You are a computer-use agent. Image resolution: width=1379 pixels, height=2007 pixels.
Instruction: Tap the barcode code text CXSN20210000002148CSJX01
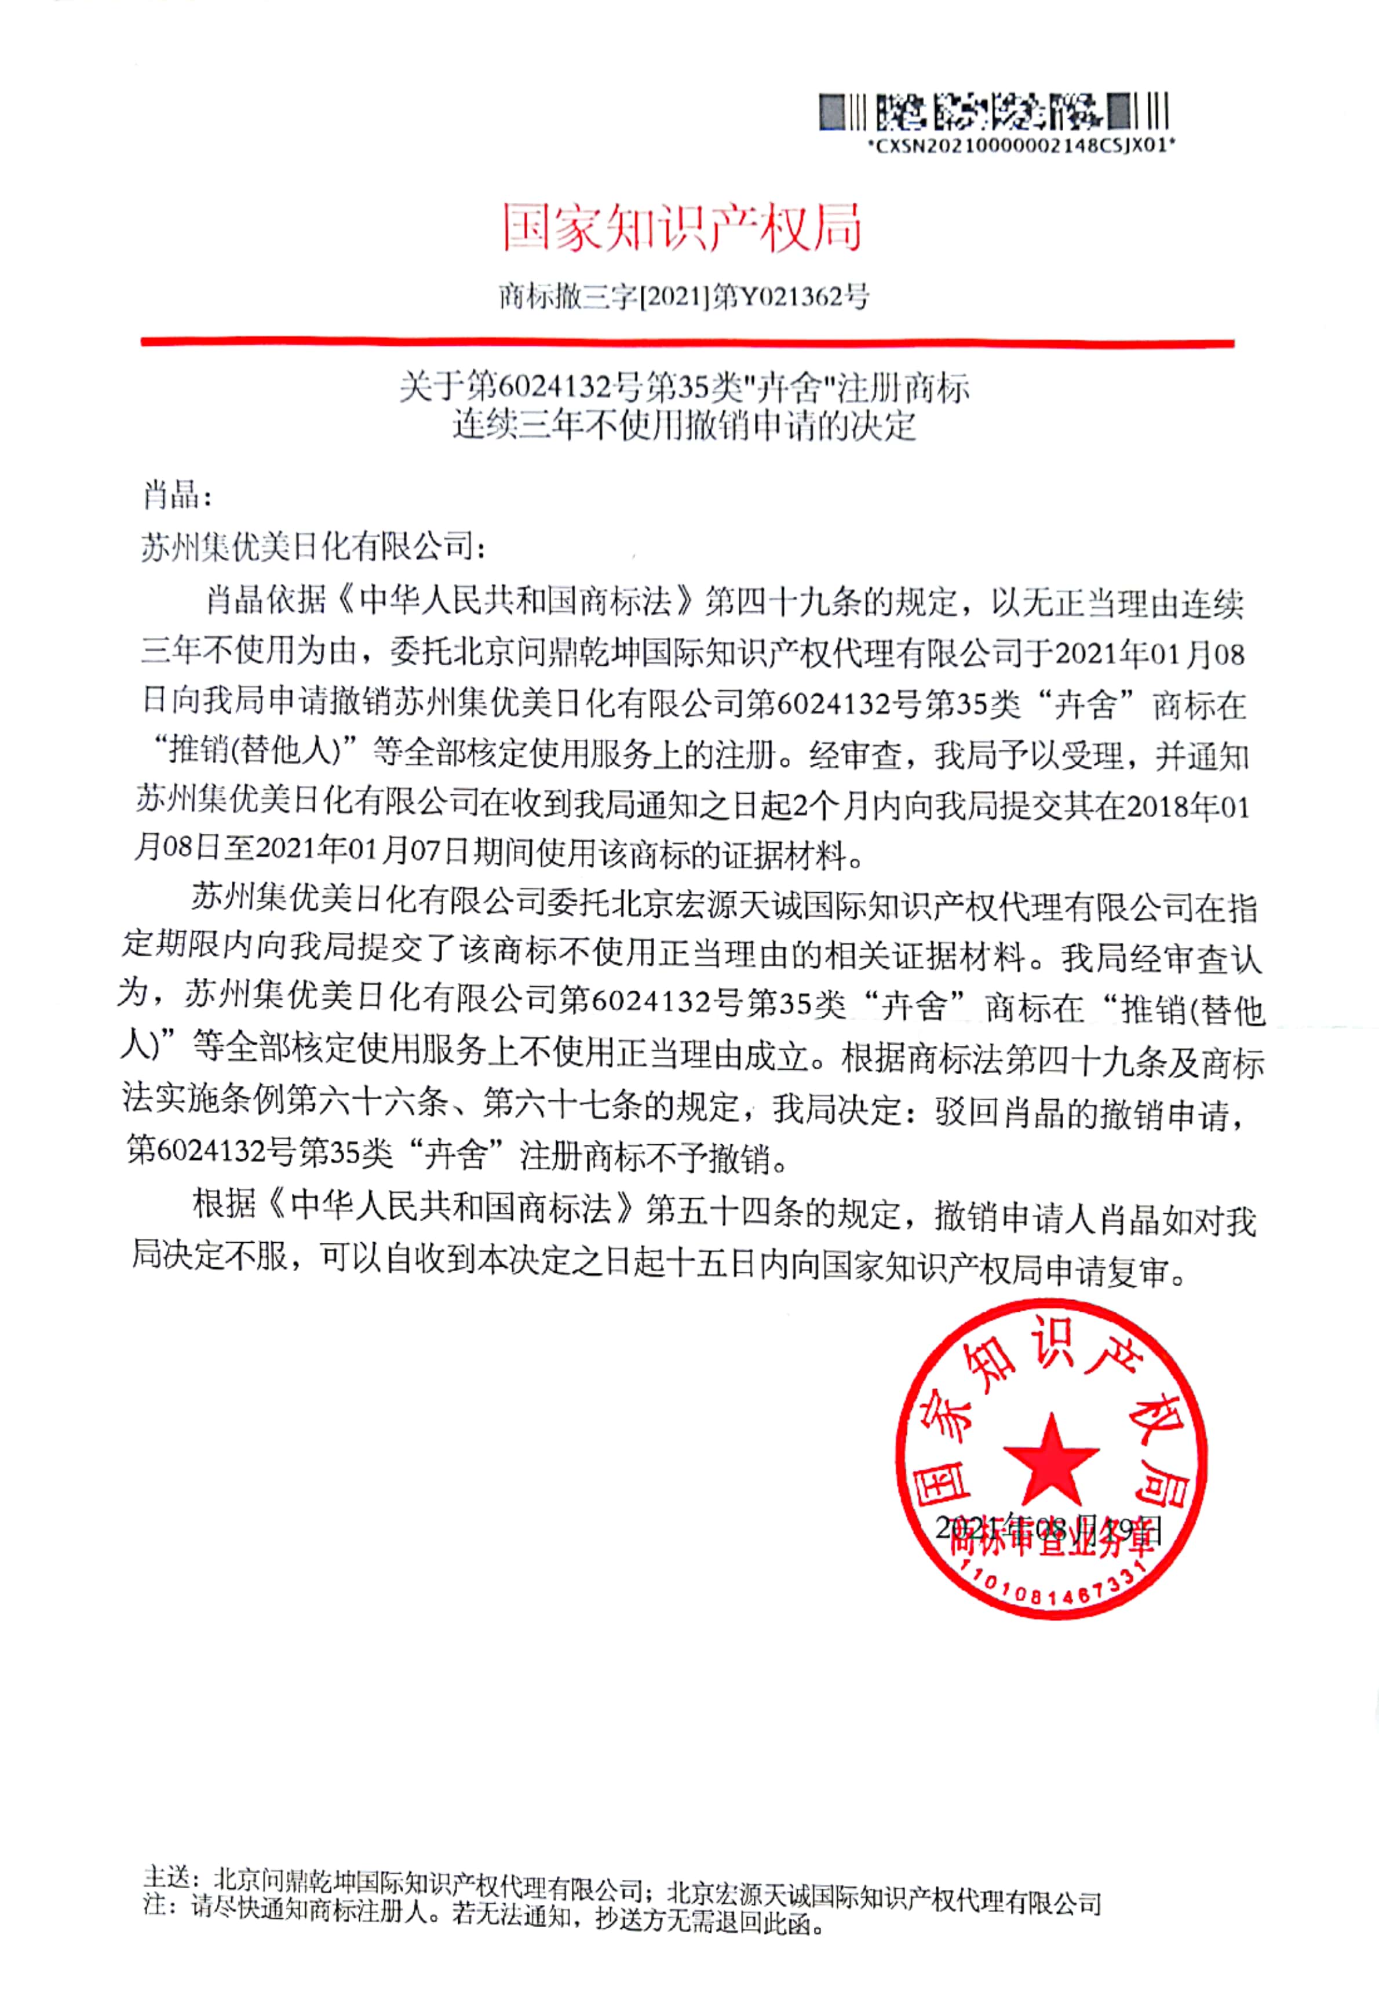[1022, 147]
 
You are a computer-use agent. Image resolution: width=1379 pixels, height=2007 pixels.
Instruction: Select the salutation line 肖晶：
[176, 496]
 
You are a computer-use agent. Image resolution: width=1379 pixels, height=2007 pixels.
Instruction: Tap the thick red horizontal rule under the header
[687, 343]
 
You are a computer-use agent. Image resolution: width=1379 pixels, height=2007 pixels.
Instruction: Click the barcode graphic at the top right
[994, 112]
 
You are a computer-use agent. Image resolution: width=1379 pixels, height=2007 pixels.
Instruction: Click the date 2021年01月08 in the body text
[1148, 654]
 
